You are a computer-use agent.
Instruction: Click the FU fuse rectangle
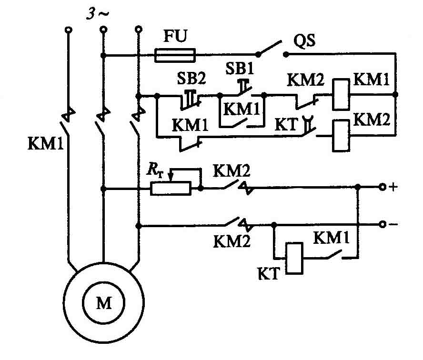[175, 55]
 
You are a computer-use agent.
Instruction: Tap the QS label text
[304, 41]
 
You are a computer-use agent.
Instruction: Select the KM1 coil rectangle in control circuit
[341, 94]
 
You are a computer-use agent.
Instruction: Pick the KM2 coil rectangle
[341, 136]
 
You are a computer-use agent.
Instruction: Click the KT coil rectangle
[294, 259]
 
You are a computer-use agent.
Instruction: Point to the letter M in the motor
[104, 303]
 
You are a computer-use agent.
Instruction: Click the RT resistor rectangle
[171, 188]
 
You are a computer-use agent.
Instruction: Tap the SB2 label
[191, 78]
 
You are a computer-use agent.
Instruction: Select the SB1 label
[240, 68]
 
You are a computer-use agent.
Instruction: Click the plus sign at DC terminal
[393, 187]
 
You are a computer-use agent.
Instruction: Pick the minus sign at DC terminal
[393, 224]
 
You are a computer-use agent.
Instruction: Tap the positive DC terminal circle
[382, 187]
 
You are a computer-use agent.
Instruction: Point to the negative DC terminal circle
[382, 224]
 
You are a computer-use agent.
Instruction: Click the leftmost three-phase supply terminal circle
[69, 30]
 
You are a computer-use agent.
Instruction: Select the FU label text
[175, 36]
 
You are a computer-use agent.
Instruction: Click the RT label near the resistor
[155, 170]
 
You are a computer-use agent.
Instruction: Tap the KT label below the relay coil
[268, 273]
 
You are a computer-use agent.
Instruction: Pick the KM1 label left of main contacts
[46, 143]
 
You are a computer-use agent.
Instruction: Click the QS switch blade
[270, 48]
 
